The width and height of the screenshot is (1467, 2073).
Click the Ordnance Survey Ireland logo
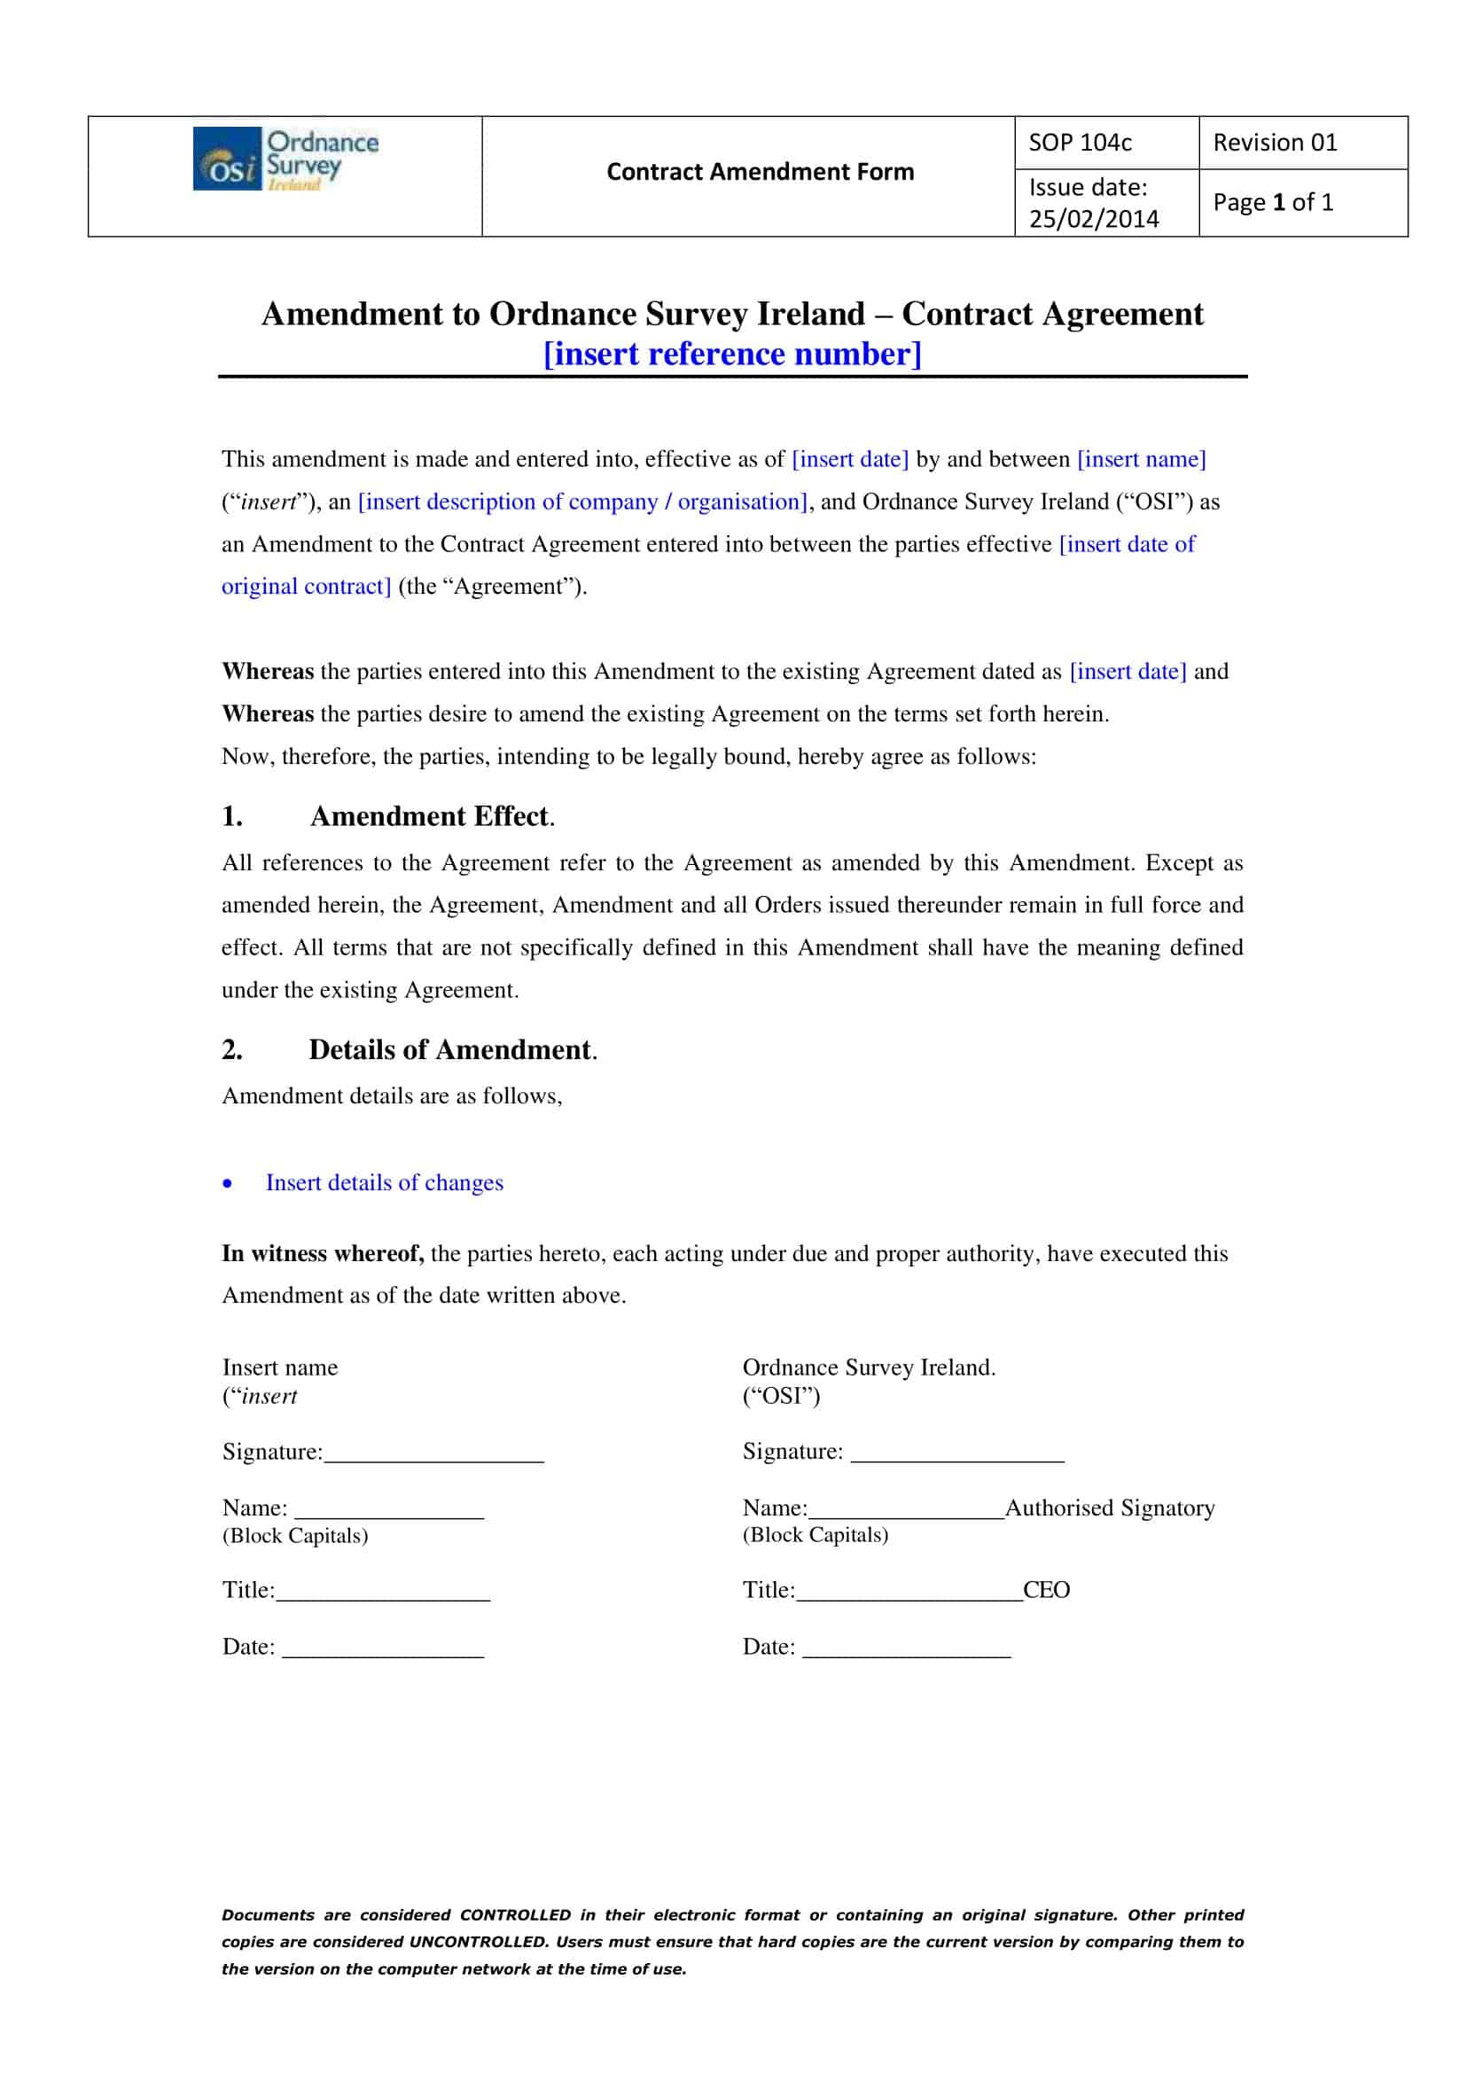pos(285,159)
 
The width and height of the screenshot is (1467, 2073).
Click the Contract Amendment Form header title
pos(760,172)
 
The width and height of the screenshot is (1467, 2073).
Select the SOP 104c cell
pos(1080,143)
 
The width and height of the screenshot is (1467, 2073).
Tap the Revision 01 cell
pos(1274,143)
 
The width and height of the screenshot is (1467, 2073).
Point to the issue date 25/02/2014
pos(1093,219)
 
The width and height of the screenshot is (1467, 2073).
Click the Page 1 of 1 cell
pos(1272,202)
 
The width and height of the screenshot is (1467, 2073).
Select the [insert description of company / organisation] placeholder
pos(582,502)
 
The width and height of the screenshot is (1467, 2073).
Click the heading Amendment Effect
pos(430,816)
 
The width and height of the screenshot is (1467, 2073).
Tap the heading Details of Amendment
pos(450,1049)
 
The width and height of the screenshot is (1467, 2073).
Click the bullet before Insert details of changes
pos(228,1183)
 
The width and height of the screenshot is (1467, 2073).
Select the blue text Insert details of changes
pos(384,1182)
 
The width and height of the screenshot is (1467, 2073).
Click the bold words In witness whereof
pos(323,1253)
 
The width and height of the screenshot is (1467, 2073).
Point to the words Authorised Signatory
pos(1109,1508)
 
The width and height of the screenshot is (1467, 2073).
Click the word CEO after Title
pos(1046,1590)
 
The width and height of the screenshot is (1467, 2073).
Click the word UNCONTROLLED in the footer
pos(478,1942)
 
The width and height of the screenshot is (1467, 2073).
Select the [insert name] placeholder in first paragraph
pos(1141,459)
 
